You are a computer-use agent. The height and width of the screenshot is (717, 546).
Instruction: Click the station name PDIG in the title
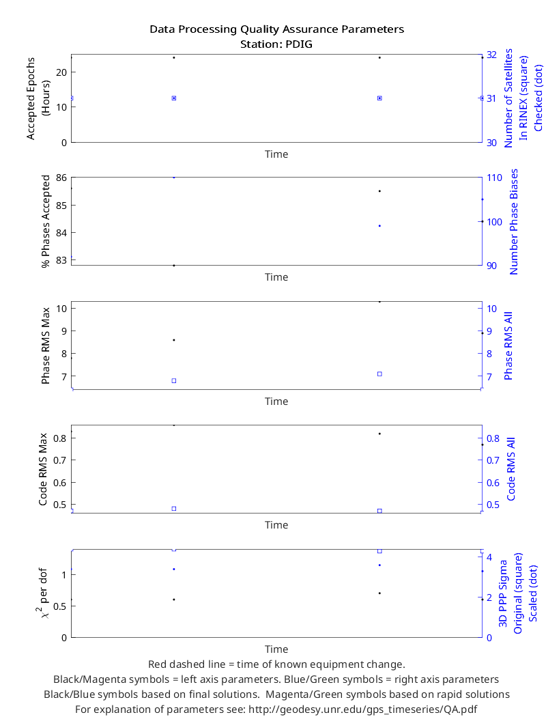tap(299, 44)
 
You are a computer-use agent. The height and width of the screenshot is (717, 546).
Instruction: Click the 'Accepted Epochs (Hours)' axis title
tap(37, 98)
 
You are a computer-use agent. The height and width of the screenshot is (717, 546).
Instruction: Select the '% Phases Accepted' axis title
tap(45, 221)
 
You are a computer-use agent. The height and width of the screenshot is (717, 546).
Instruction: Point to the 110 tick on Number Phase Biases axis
tap(494, 178)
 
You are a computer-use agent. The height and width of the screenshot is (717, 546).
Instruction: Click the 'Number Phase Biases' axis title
tap(513, 222)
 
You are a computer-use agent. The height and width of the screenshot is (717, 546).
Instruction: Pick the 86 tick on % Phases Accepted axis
tap(61, 178)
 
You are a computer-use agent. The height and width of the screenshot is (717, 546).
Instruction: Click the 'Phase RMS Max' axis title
tap(45, 346)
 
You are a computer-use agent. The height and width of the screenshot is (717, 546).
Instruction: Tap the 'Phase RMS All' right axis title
tap(508, 346)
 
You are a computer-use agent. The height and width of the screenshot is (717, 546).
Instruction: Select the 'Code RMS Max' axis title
tap(43, 469)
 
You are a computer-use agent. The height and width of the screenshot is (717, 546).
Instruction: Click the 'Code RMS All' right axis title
tap(511, 469)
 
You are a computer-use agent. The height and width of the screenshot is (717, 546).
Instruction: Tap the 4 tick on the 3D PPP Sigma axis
tap(489, 557)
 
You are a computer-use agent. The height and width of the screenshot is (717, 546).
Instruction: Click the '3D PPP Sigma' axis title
tap(503, 593)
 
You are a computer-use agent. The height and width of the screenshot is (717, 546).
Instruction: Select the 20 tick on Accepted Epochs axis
tap(61, 72)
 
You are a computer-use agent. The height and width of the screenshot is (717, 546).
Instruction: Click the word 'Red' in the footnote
tap(156, 664)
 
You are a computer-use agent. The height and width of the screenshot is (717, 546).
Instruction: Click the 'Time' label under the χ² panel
tap(276, 649)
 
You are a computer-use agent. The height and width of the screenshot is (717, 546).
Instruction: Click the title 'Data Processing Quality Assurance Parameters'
tap(277, 29)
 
